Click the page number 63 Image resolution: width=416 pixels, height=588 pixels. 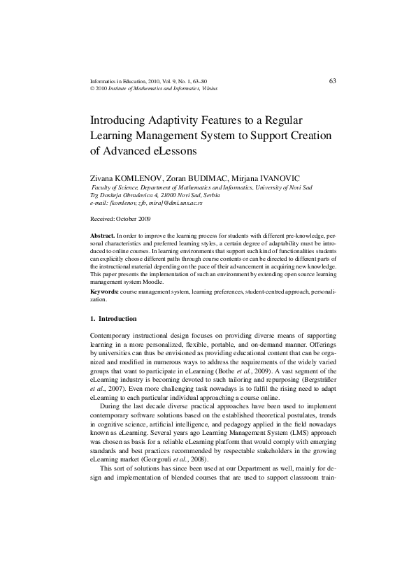pos(332,81)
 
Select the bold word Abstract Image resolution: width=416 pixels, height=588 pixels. pos(103,237)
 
